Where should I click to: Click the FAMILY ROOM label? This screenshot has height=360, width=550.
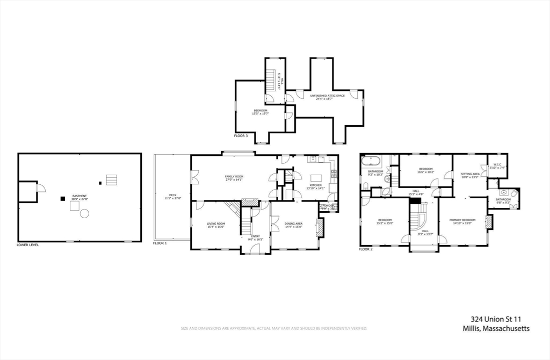[x=234, y=176]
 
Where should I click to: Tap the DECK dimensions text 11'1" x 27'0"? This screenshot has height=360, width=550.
[x=172, y=198]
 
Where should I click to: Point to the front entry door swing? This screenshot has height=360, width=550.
[x=256, y=248]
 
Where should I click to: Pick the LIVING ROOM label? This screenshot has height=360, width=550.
[x=216, y=224]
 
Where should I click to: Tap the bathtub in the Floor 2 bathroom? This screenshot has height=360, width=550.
[x=371, y=160]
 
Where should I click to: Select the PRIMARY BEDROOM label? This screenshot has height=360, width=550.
[x=462, y=220]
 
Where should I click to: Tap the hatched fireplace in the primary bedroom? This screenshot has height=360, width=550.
[x=489, y=222]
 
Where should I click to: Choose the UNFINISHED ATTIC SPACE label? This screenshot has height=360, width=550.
[x=328, y=96]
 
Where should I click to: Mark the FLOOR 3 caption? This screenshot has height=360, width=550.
[x=241, y=136]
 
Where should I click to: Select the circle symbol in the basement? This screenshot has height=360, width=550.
[x=84, y=214]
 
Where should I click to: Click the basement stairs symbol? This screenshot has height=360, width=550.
[x=111, y=179]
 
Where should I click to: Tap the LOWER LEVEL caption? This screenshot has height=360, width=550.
[x=28, y=244]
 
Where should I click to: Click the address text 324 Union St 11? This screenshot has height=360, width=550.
[x=496, y=319]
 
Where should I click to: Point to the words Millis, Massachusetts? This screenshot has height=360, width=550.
[x=496, y=328]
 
